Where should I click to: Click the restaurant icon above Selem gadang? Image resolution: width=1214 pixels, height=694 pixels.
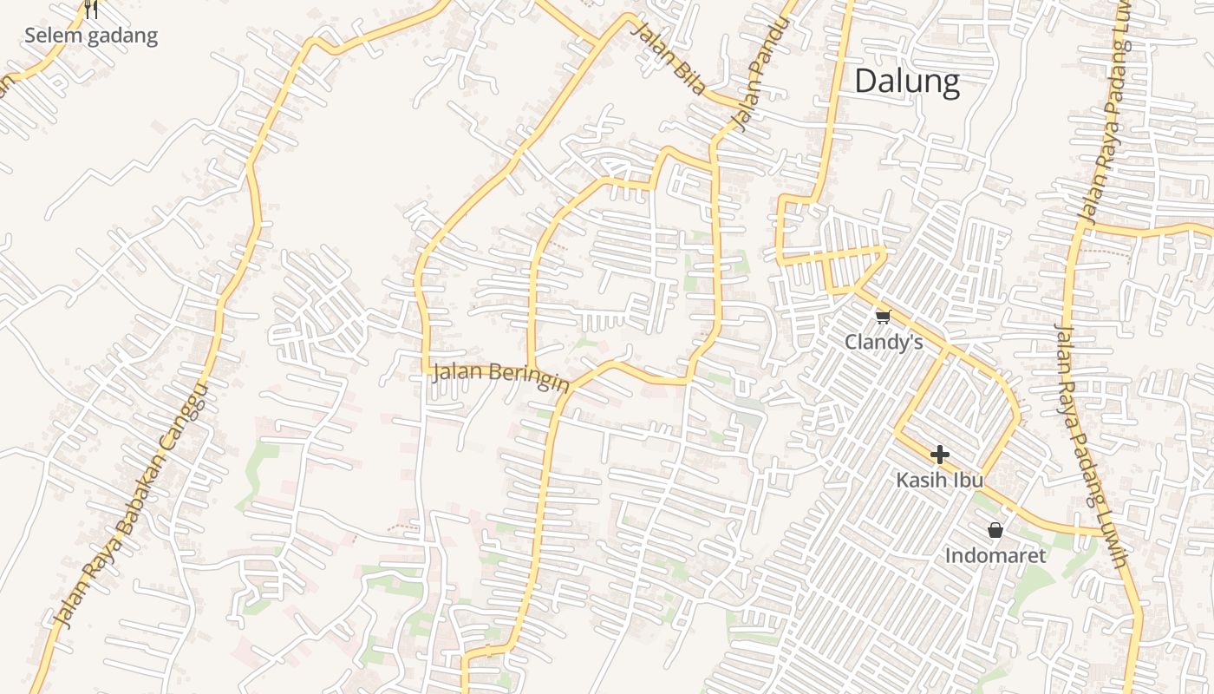[x=91, y=10]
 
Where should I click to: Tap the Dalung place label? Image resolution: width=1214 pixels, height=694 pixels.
[x=907, y=81]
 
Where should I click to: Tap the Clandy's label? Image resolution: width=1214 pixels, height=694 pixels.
[x=884, y=342]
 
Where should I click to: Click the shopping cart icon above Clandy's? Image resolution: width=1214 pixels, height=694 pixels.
[x=883, y=317]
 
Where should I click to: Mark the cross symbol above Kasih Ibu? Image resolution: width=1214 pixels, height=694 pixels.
[x=940, y=455]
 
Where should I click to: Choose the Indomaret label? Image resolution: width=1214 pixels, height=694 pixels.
[x=995, y=555]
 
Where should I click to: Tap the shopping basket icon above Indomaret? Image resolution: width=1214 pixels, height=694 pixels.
[x=995, y=529]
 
